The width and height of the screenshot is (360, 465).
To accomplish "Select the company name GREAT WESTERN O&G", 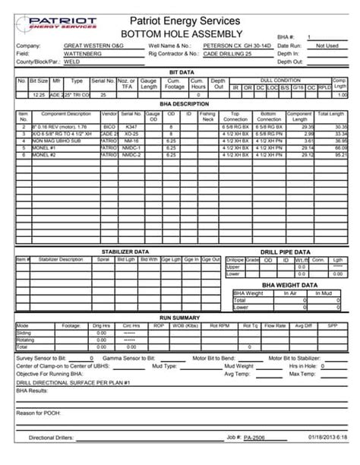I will [93, 46].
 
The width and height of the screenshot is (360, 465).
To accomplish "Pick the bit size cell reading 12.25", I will [39, 94].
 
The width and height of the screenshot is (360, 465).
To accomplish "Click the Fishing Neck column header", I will [207, 117].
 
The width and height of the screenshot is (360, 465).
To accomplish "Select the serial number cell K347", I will [131, 127].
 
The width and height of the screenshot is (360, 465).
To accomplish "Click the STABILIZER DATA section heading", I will [125, 251].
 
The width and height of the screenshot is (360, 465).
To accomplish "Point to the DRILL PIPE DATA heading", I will [286, 251].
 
